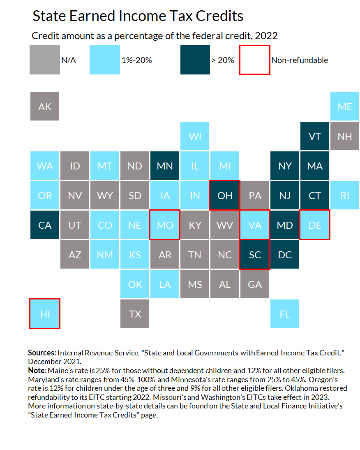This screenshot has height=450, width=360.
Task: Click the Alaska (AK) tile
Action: (45, 107)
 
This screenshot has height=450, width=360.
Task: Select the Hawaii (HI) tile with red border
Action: (45, 313)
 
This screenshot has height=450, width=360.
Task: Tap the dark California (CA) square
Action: (45, 225)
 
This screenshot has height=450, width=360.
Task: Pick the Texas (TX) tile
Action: (135, 314)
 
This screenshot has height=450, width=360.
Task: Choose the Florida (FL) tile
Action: (285, 314)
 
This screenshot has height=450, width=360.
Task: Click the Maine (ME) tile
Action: (344, 107)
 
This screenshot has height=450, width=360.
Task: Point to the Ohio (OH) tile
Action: (225, 195)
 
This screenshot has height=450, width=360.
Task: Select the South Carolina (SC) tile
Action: (255, 255)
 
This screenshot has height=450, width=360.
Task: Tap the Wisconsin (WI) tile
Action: (195, 136)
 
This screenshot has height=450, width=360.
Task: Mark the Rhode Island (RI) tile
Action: (344, 195)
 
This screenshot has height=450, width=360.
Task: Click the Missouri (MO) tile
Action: (165, 225)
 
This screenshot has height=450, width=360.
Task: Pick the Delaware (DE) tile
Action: (315, 225)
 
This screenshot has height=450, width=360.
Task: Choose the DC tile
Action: (285, 255)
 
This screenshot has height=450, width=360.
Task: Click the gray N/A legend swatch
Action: (45, 60)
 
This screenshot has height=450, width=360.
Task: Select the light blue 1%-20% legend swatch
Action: (105, 60)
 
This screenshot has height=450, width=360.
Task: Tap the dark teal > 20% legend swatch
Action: (195, 60)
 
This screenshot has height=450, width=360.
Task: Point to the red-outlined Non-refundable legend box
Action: (255, 60)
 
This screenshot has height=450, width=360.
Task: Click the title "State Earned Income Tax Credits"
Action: (138, 16)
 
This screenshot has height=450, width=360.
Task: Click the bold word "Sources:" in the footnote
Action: (42, 353)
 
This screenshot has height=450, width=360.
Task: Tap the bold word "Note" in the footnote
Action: (36, 370)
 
